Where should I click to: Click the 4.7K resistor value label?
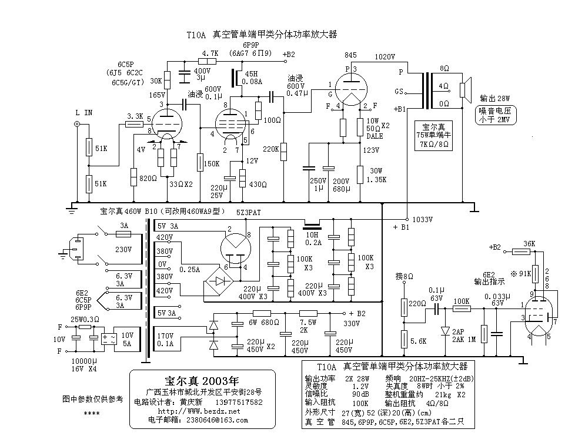(209, 53)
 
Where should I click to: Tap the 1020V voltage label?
(385, 57)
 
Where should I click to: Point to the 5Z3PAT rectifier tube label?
(249, 212)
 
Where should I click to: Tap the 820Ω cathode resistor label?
(149, 178)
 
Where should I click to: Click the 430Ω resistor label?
(258, 185)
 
